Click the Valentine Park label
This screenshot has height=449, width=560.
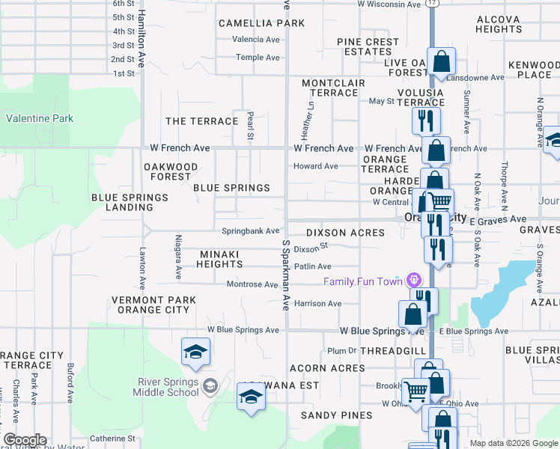(40, 118)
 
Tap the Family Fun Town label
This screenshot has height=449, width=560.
(362, 281)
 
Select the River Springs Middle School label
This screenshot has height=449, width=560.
(168, 387)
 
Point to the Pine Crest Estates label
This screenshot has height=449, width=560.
(368, 47)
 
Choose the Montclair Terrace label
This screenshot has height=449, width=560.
(329, 88)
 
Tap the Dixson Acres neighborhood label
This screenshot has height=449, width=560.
(345, 233)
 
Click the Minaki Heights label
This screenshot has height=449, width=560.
(220, 259)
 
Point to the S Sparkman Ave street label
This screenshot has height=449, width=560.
(286, 275)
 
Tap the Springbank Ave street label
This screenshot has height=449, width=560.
(250, 231)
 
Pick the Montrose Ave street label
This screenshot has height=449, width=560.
(252, 284)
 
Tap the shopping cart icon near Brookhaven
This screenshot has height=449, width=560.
(415, 391)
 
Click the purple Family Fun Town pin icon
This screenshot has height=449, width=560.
(412, 281)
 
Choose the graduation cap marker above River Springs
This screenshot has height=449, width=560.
(195, 352)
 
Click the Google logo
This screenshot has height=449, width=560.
(24, 440)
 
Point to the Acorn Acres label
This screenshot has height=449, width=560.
(327, 368)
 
